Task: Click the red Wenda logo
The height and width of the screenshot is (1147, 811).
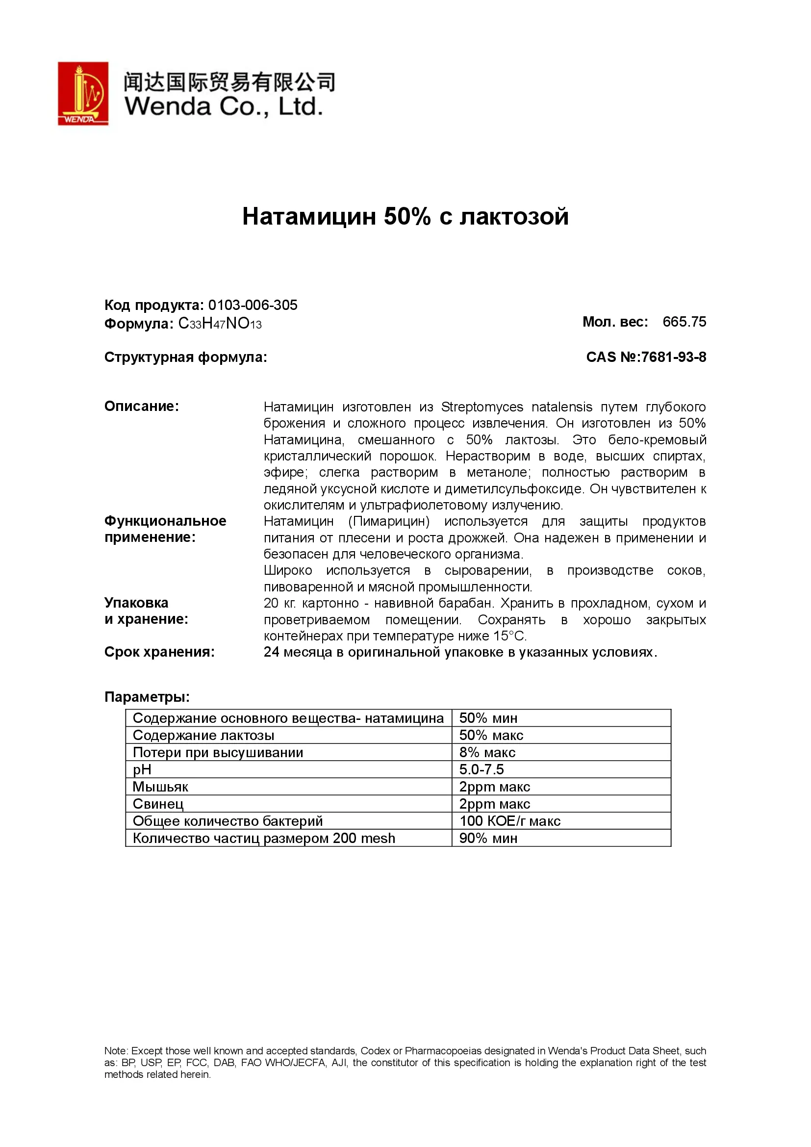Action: click(x=83, y=94)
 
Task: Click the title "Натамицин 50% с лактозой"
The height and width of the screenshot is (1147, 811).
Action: click(x=405, y=216)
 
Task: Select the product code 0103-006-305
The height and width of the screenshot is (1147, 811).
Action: click(x=253, y=305)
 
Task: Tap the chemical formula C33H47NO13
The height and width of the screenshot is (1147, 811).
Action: click(x=220, y=324)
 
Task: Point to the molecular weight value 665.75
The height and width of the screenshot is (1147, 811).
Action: click(x=684, y=322)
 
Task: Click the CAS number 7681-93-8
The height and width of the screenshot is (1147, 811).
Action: click(x=674, y=357)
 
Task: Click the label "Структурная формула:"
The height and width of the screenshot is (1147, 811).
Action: click(x=186, y=357)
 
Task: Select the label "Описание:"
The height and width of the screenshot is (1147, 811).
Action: click(x=141, y=406)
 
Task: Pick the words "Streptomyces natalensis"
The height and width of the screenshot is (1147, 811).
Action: click(x=516, y=407)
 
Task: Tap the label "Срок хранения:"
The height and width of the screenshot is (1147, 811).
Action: click(x=159, y=652)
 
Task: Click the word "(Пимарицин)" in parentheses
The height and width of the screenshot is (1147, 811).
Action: click(x=389, y=521)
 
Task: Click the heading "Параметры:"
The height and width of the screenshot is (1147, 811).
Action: click(x=147, y=697)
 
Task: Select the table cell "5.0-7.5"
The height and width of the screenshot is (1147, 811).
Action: click(x=482, y=769)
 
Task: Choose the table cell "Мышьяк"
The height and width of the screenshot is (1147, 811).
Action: click(x=160, y=787)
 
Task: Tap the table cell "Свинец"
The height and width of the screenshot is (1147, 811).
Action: click(x=158, y=804)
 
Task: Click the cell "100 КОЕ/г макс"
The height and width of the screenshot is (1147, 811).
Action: click(x=510, y=821)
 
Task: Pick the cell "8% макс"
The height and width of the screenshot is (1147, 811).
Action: click(x=487, y=752)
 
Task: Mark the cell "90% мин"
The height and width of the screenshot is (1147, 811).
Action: click(x=488, y=838)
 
